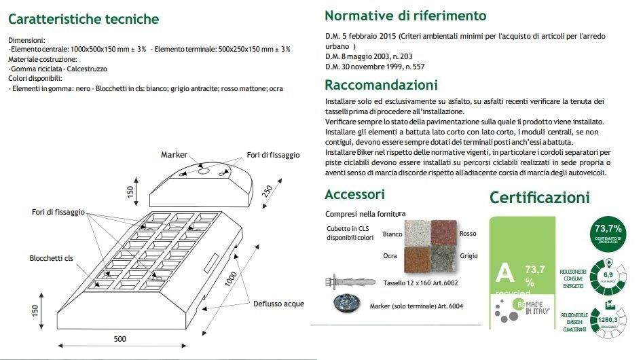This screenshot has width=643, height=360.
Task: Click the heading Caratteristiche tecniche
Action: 84,19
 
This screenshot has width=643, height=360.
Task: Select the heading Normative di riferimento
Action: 405,16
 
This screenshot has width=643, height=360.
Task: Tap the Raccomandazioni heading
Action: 381,85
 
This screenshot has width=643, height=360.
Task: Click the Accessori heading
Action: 354,195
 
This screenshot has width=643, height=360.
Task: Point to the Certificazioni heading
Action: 539,198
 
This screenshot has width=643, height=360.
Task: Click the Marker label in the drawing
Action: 174,156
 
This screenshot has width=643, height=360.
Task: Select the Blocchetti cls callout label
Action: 51,258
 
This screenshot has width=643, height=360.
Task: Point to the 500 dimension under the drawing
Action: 120,338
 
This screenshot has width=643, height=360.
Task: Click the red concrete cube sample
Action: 445,234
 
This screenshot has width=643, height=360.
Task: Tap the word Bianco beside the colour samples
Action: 392,234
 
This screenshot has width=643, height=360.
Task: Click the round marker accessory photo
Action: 346,305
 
